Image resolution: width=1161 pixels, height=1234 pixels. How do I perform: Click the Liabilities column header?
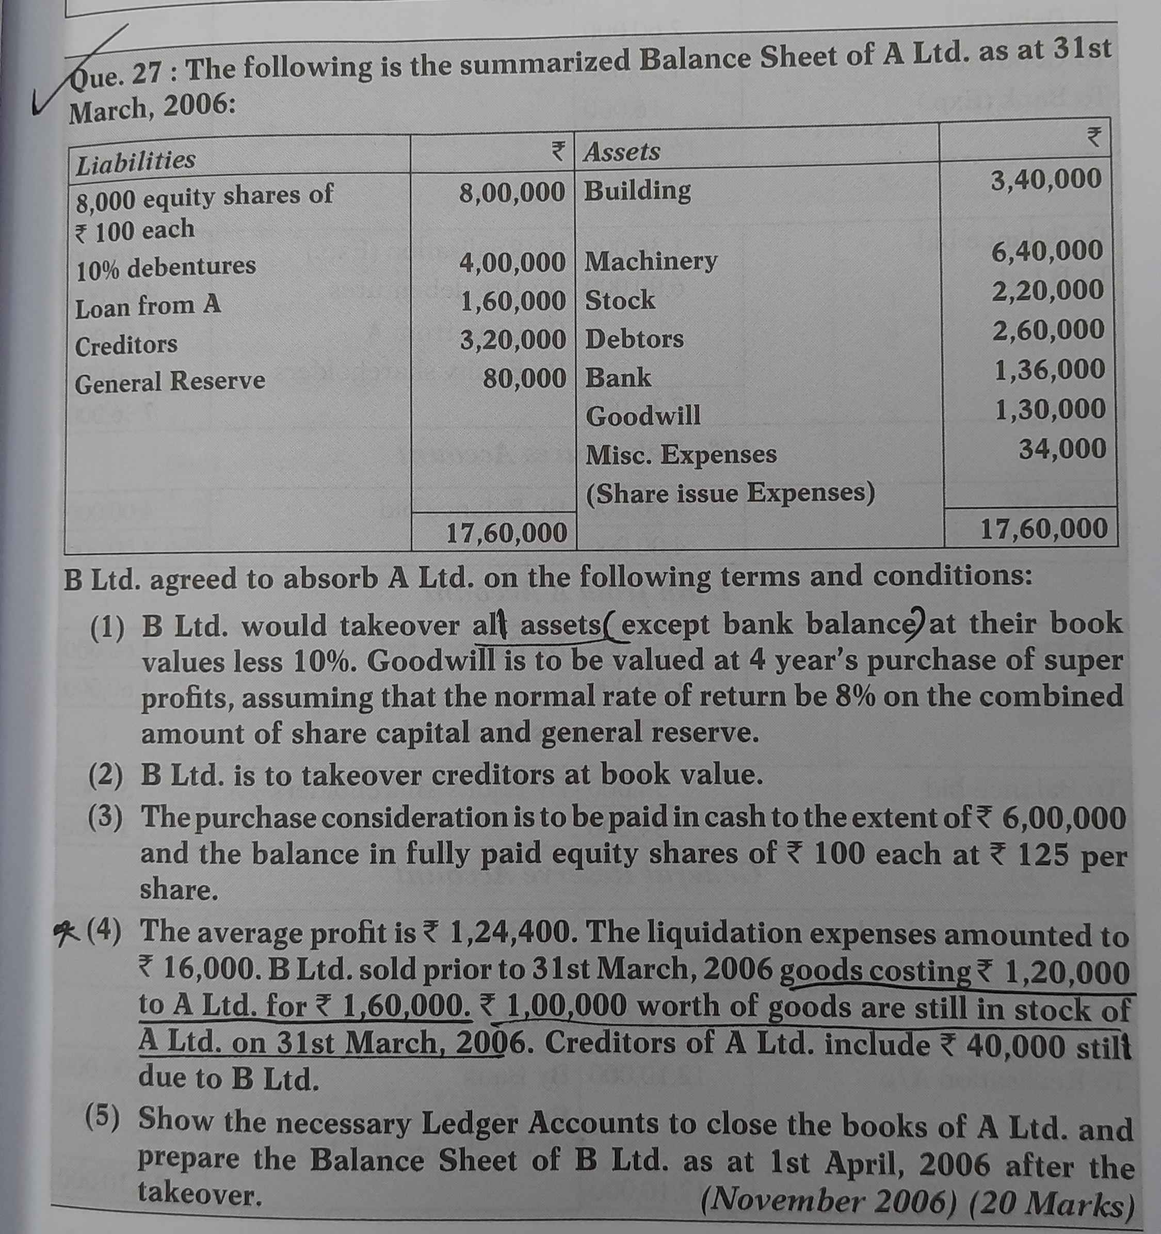coord(135,162)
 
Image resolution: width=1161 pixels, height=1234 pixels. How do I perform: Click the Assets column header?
coord(622,151)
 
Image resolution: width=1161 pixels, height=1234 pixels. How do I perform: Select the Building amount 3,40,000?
coord(1045,180)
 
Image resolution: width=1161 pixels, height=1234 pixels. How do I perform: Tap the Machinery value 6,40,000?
coord(1047,251)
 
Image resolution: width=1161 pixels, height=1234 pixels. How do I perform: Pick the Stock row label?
coord(620,300)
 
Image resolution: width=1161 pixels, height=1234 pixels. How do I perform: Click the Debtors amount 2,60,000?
coord(1048,330)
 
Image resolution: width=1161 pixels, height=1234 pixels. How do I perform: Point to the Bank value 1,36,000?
coord(1050,370)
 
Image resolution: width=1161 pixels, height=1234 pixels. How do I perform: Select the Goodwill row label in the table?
coord(643,415)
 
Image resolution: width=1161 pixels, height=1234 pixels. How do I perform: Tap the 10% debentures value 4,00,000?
coord(512,263)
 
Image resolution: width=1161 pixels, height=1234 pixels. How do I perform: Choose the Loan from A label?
coord(148,306)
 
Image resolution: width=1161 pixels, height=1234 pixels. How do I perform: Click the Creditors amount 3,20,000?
coord(512,340)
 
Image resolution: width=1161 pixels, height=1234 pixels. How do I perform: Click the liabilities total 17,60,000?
coord(506,533)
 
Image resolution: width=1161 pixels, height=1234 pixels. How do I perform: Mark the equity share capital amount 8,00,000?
coord(512,193)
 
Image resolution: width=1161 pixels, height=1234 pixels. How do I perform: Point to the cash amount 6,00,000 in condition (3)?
coord(1063,819)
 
